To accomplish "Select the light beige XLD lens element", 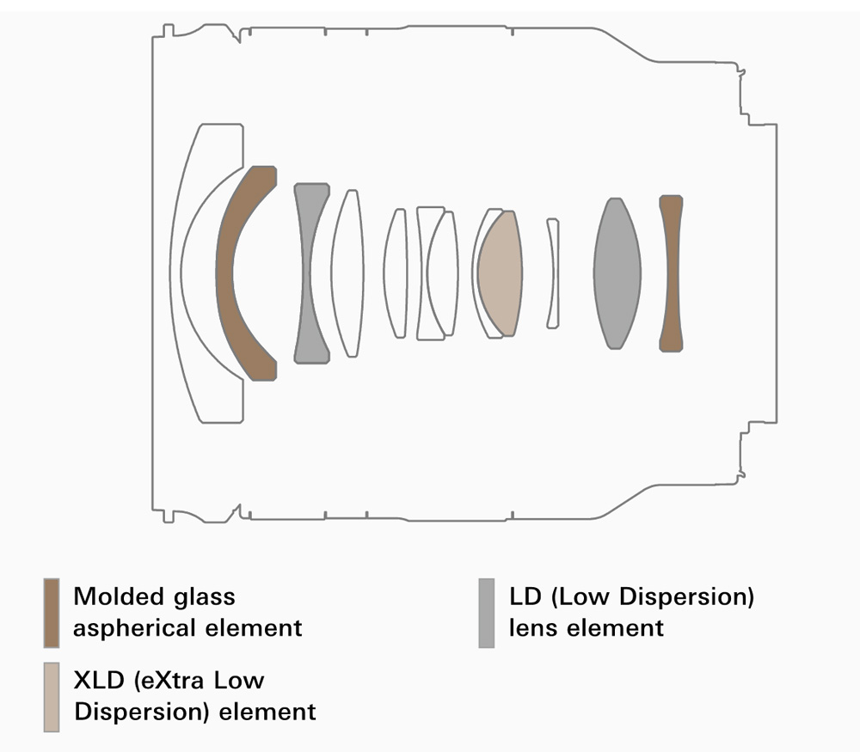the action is tap(500, 273).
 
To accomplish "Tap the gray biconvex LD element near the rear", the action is tap(617, 273).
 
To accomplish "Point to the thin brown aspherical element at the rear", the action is tap(671, 273).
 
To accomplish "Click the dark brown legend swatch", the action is tap(52, 613).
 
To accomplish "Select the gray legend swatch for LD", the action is tap(487, 613).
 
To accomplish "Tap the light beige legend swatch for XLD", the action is tap(52, 697).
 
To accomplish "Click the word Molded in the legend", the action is tap(118, 596).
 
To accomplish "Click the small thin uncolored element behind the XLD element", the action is tap(553, 273).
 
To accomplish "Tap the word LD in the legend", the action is tap(525, 596).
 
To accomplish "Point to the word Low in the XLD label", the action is tap(239, 680).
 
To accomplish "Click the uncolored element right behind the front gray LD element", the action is tap(347, 273).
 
